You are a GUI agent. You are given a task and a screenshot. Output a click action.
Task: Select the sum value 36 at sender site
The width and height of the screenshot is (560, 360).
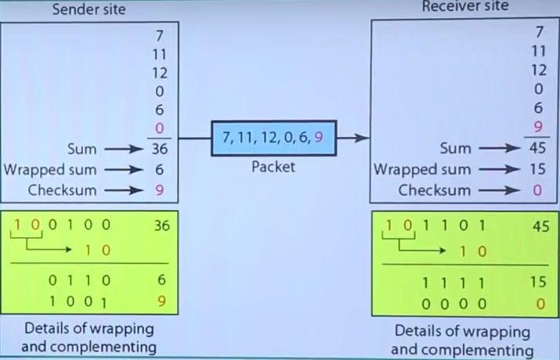click(x=160, y=148)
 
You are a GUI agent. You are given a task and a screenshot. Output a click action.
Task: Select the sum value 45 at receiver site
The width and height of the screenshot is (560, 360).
click(x=537, y=148)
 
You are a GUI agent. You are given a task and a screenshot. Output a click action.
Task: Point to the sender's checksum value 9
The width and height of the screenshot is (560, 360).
click(x=160, y=189)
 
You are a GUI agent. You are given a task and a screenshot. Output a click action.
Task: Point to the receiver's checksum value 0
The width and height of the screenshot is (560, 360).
click(x=537, y=189)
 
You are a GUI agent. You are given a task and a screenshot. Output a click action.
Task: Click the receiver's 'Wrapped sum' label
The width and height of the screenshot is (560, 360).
click(x=422, y=169)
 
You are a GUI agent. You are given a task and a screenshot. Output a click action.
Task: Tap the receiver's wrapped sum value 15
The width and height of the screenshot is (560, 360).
click(x=537, y=169)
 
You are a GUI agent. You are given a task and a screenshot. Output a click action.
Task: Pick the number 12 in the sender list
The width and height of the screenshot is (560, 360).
click(x=160, y=73)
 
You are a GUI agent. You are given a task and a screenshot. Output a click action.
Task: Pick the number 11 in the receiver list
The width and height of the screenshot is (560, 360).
click(x=537, y=52)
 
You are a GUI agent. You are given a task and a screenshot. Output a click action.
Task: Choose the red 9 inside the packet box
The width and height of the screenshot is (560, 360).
click(x=319, y=138)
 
